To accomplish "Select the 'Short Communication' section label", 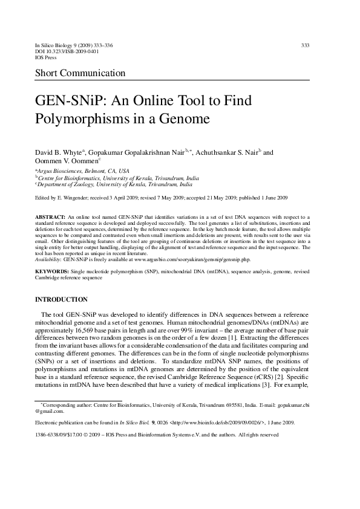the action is [80, 74].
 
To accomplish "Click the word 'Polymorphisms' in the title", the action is [79, 119].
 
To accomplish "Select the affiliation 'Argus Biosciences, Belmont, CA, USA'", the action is [83, 172].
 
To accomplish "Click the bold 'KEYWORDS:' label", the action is [51, 273].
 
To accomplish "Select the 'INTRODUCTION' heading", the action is [61, 300].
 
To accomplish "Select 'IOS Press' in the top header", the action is [46, 58].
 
